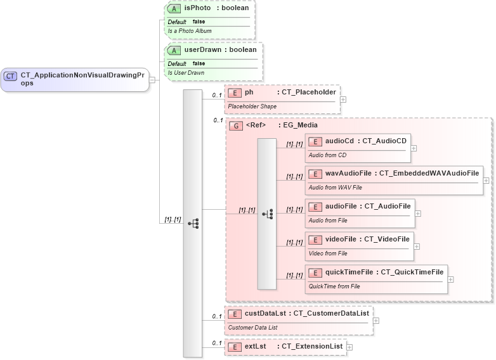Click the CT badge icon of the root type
coord(10,76)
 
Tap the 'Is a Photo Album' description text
coord(190,31)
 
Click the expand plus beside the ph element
coord(343,99)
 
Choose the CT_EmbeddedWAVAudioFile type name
coord(429,173)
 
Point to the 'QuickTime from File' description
coord(334,286)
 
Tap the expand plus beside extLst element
coord(349,347)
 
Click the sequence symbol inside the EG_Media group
coord(267,214)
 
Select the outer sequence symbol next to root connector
coord(192,223)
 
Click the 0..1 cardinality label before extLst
coord(216,343)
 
